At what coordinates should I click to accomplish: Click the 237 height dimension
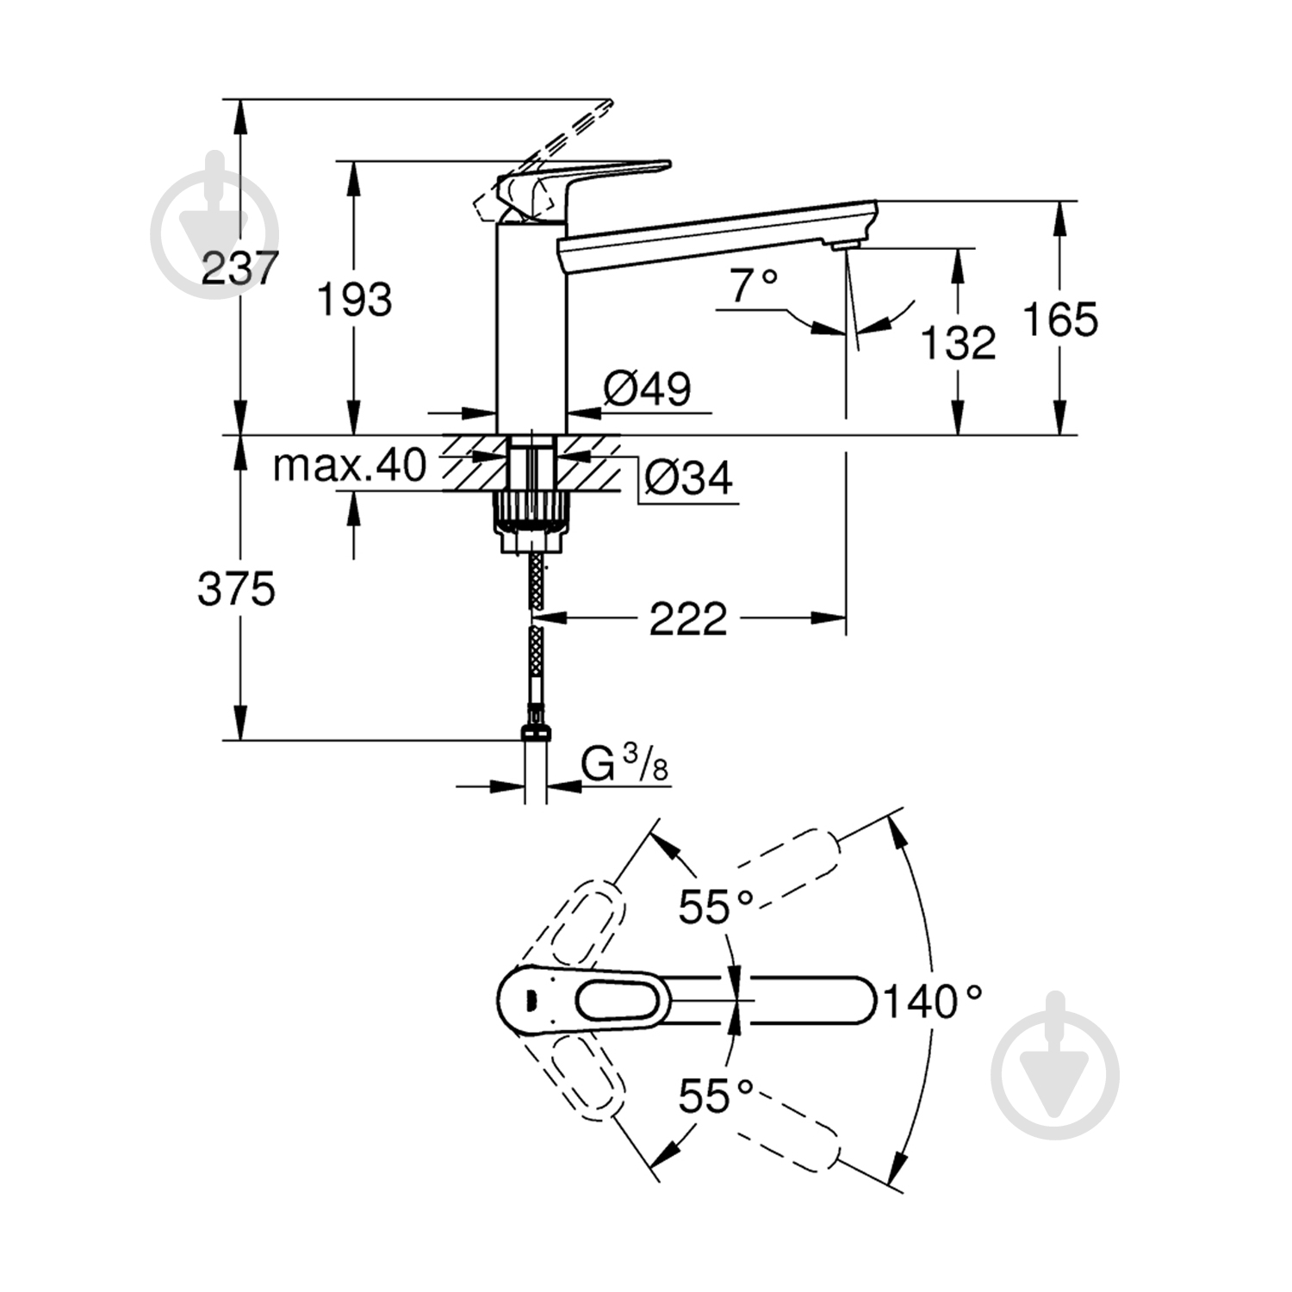pos(239,268)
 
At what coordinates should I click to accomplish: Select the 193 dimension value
pos(354,300)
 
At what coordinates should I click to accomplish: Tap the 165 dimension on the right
pos(1059,320)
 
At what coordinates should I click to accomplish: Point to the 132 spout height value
pos(958,343)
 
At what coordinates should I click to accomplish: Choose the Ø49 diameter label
pos(647,388)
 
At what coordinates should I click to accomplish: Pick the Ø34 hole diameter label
pos(688,477)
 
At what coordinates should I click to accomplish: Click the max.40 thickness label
pos(349,466)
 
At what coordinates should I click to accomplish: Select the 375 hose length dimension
pos(236,590)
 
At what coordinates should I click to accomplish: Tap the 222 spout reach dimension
pos(687,618)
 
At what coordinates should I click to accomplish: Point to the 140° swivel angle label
pos(933,1002)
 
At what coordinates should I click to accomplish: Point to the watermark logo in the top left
pos(214,227)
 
